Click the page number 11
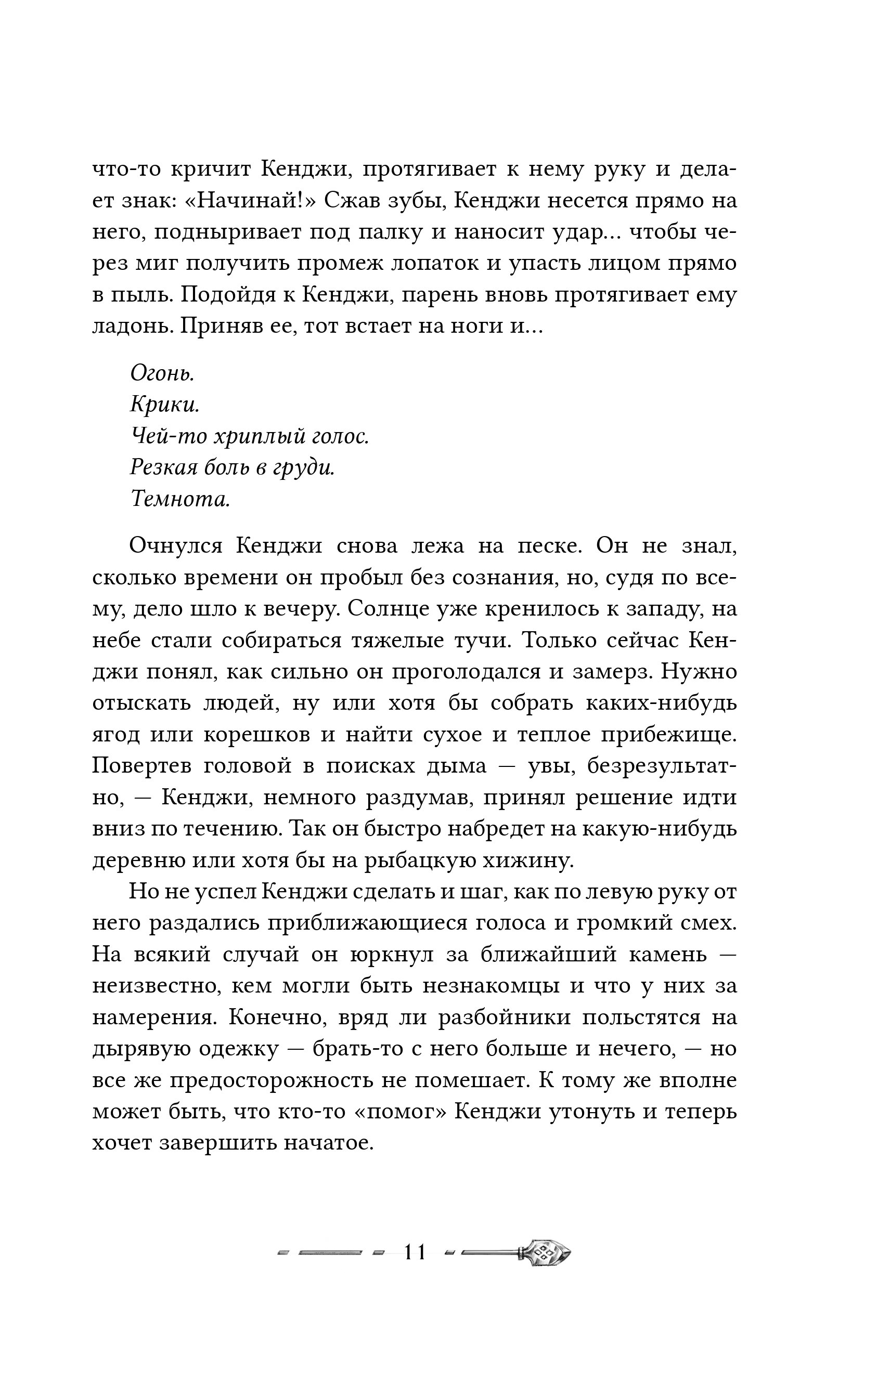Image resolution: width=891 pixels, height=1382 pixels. click(416, 1252)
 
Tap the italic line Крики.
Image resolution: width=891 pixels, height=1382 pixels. click(165, 405)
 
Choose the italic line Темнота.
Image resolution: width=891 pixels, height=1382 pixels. click(180, 499)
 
